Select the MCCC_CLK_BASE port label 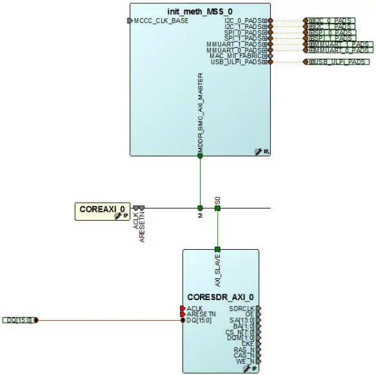click(x=161, y=21)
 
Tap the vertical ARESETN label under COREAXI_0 click(x=143, y=228)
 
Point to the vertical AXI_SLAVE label click(x=217, y=272)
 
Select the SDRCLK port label click(x=242, y=309)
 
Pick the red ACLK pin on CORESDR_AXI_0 click(x=183, y=309)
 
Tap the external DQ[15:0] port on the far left click(x=19, y=320)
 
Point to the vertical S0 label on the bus click(x=218, y=202)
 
